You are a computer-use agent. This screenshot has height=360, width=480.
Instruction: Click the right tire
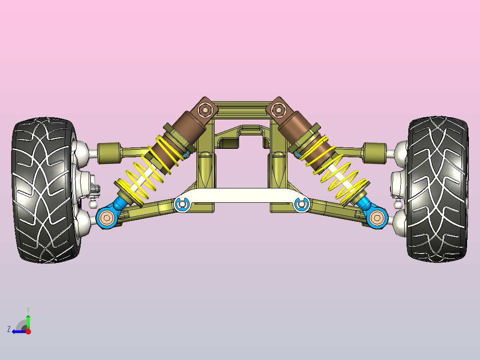point(437,189)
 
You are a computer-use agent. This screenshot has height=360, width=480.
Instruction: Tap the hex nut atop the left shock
point(204,109)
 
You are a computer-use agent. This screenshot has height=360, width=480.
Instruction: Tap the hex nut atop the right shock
point(278,110)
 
